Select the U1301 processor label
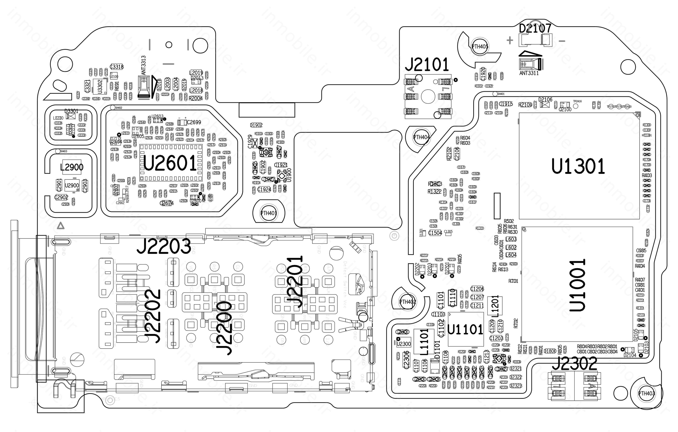click(578, 167)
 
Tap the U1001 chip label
click(577, 285)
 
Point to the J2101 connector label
click(427, 65)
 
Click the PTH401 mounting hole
click(269, 213)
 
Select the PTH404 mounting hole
click(421, 137)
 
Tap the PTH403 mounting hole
click(647, 393)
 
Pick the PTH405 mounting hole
click(480, 46)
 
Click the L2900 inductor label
click(72, 167)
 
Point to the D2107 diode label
click(535, 28)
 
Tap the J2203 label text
click(164, 246)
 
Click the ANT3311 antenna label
click(529, 73)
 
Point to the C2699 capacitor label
click(194, 122)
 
